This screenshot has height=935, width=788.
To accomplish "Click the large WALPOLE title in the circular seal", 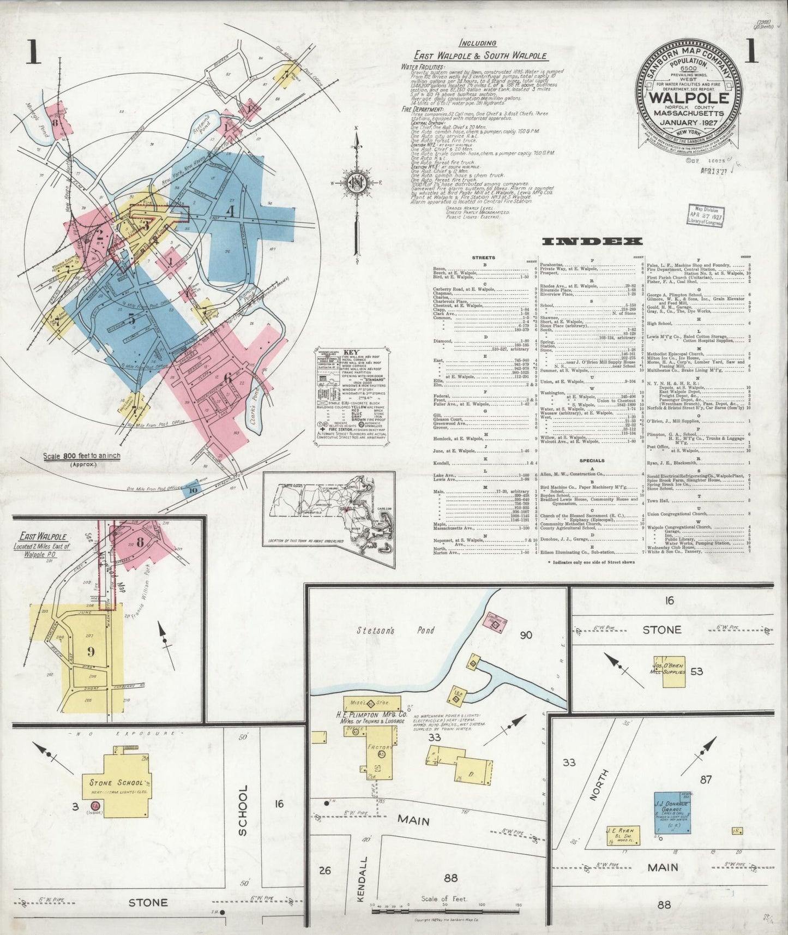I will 689,98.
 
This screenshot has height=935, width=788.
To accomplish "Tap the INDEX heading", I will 592,241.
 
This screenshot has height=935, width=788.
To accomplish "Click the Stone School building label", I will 116,782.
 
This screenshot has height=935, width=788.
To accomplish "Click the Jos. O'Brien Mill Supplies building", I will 674,671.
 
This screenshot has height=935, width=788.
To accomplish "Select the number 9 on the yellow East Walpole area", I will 91,651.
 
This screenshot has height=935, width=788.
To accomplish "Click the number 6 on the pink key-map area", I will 227,377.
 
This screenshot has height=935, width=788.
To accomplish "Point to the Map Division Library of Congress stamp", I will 706,216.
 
